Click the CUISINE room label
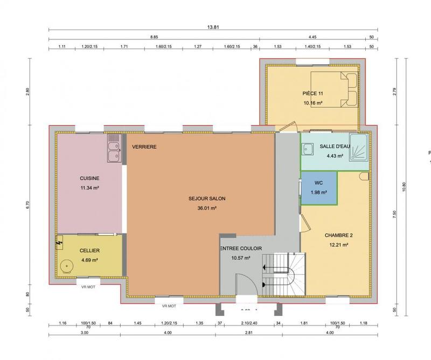tap(89, 178)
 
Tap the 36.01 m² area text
tap(207, 207)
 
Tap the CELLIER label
tap(89, 251)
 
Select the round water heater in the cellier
tap(67, 266)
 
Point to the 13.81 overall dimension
tap(215, 25)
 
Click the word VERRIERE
tap(143, 147)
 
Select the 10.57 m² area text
tap(240, 258)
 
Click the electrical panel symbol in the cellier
tap(59, 244)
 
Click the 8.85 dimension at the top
tap(154, 38)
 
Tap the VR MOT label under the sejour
tap(169, 306)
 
